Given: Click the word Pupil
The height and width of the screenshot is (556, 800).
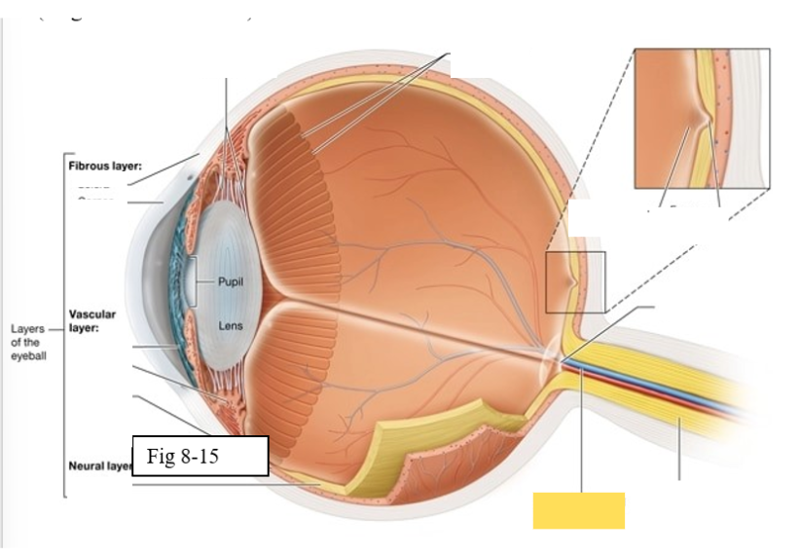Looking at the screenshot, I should click(x=231, y=281).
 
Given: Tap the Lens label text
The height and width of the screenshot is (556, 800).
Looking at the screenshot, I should click(x=230, y=326).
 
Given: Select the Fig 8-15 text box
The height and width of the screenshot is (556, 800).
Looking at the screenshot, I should click(x=200, y=456).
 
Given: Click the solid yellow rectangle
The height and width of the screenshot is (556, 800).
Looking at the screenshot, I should click(x=578, y=510).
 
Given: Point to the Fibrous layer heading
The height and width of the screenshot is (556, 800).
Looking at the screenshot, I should click(x=105, y=167).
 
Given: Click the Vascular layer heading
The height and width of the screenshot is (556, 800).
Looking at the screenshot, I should click(x=92, y=321).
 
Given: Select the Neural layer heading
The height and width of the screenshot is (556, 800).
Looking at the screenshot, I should click(x=98, y=466).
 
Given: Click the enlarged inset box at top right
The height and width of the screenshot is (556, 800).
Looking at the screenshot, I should click(x=701, y=118).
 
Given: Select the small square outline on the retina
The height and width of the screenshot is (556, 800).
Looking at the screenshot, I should click(x=575, y=282).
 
